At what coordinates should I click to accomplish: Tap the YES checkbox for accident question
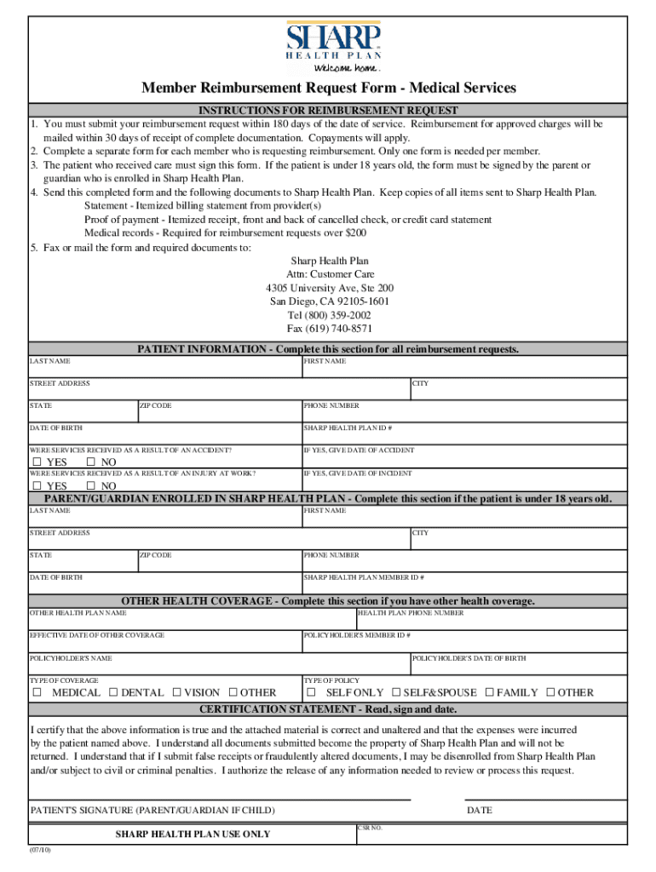pos(37,462)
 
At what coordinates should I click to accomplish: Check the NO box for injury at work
pos(92,486)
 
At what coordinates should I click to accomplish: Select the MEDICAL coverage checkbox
pos(37,692)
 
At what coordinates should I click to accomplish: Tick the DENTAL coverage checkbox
pos(114,692)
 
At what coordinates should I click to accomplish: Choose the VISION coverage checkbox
pos(177,692)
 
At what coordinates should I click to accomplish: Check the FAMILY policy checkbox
pos(489,692)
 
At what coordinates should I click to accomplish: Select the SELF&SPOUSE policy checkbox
pos(396,692)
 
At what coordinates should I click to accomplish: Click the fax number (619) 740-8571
pos(329,329)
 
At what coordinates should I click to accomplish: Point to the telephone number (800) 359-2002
pos(329,315)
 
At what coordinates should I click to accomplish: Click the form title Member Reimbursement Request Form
pos(328,89)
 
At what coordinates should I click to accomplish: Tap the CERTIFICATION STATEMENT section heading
pos(328,708)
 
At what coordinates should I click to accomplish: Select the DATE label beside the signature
pos(479,810)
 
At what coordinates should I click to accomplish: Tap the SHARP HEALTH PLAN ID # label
pos(347,428)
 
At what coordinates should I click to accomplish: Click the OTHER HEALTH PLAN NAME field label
pos(78,612)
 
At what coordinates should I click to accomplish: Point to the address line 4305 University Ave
pos(329,288)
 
